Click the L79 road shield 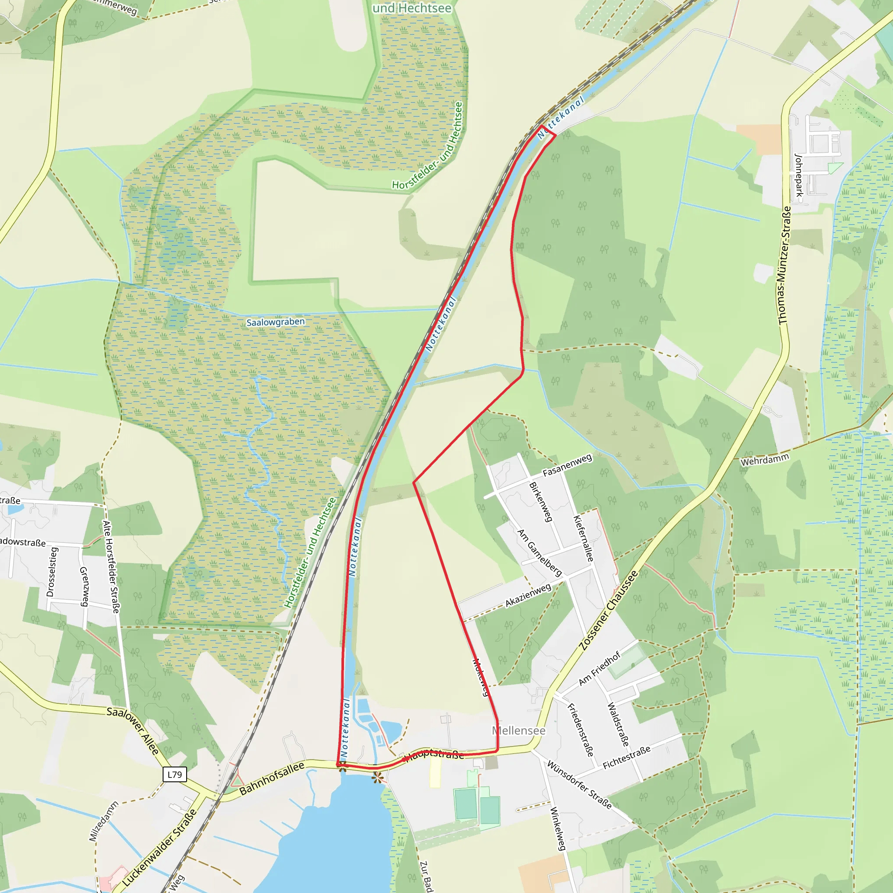point(175,775)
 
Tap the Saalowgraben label point(276,322)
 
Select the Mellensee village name point(518,730)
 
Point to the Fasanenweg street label point(567,465)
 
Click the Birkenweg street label point(541,502)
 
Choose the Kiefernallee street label point(583,539)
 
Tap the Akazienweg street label point(528,595)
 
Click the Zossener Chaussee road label point(608,610)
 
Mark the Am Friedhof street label point(599,668)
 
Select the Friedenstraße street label point(580,730)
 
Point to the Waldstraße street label point(618,724)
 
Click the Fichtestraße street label point(627,757)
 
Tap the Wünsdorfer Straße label point(579,785)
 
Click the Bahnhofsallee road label point(272,778)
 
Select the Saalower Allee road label point(133,730)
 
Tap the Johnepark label point(798,175)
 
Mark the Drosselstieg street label point(52,572)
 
